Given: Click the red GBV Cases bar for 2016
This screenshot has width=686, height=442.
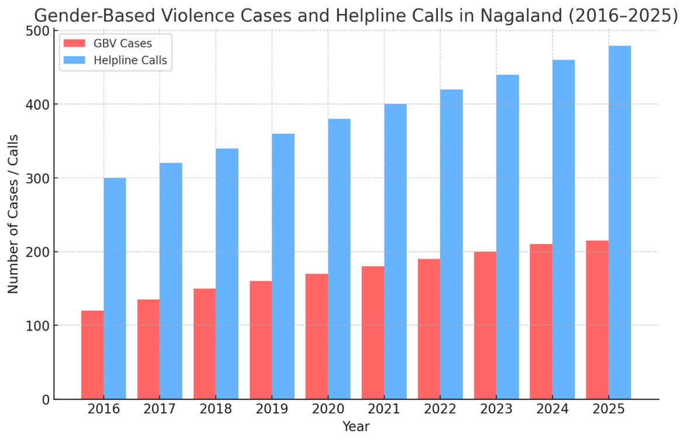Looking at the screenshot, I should (x=92, y=355).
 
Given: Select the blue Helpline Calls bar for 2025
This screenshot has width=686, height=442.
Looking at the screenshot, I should (x=619, y=222).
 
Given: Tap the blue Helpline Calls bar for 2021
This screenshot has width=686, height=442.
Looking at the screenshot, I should (x=395, y=251).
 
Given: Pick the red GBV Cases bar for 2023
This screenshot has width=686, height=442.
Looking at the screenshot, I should (x=485, y=325).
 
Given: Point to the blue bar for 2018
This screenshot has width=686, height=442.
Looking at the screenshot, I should (x=227, y=274).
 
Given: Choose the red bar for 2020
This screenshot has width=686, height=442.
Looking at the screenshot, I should (x=316, y=336).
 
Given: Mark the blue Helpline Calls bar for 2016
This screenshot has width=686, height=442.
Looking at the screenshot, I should (x=115, y=288).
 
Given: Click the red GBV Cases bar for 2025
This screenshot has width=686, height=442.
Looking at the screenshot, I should (x=597, y=320).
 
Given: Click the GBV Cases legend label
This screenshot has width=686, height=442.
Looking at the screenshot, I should (x=123, y=43).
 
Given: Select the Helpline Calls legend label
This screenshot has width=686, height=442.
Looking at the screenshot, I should (x=130, y=60).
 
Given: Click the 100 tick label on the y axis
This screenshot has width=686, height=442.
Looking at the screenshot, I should (x=37, y=326).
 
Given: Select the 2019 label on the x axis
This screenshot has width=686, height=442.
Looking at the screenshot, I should (x=272, y=409).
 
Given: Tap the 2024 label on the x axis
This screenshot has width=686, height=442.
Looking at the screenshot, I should (x=552, y=409).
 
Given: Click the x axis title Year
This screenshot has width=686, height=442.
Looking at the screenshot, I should (x=356, y=427).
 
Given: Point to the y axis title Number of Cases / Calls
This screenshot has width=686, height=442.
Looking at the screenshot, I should (x=13, y=214).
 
